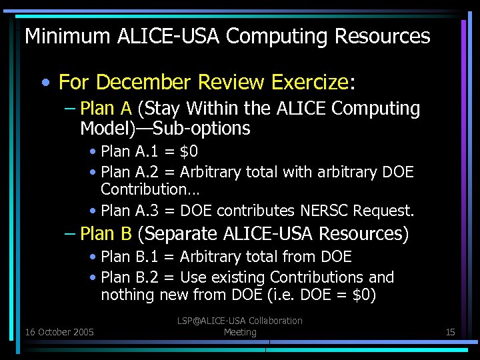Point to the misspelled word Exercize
tap(310, 83)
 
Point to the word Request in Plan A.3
tap(383, 211)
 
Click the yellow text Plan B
tap(106, 234)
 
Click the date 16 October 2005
tap(59, 332)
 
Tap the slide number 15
tap(450, 332)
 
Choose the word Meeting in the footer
tap(240, 332)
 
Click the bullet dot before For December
tap(44, 83)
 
